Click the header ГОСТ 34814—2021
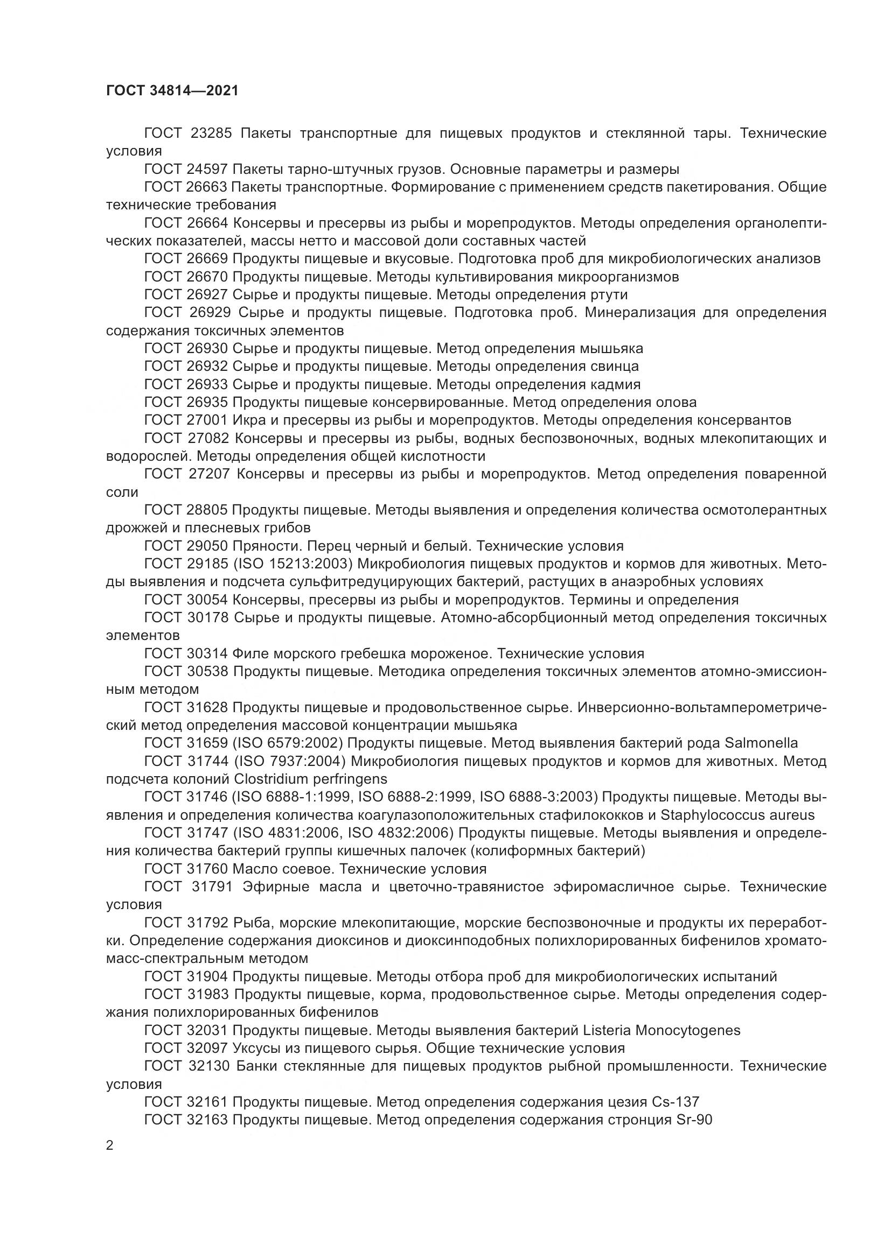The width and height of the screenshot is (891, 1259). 172,90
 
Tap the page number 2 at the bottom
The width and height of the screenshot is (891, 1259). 110,1145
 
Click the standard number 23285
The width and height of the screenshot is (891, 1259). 212,133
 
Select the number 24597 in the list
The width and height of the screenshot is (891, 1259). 204,169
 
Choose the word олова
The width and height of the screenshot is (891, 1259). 676,402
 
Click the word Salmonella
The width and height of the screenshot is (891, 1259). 761,743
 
